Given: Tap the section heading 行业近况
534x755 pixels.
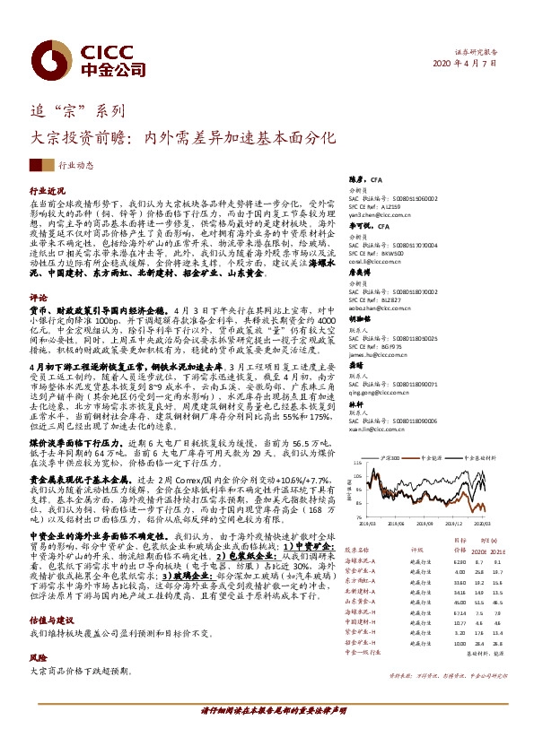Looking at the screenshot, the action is tap(48, 192).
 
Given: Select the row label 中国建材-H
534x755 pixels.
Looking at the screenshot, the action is tap(361, 620).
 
